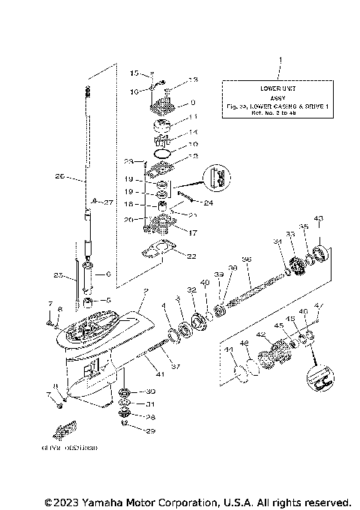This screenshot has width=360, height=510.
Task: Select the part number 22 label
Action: (191, 256)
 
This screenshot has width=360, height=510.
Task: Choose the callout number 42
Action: (260, 334)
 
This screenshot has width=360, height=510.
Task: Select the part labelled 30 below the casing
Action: (124, 392)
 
